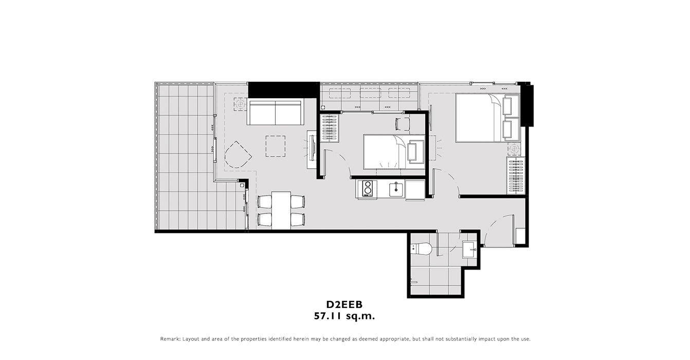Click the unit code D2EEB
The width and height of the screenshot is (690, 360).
[x=344, y=304]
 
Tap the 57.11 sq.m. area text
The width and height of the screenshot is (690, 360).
[x=344, y=316]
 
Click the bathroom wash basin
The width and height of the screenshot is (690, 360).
[x=469, y=249]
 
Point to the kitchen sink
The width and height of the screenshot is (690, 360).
[x=396, y=189]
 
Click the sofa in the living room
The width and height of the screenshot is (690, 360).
[x=276, y=112]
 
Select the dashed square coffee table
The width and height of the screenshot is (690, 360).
[x=276, y=146]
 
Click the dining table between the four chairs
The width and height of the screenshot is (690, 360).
[x=281, y=210]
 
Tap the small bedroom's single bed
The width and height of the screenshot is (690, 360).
[x=394, y=152]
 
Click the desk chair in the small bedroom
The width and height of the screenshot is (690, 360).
[x=403, y=124]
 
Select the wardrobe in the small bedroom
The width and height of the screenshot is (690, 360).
[x=330, y=128]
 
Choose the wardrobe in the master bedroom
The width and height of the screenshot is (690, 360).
[x=515, y=176]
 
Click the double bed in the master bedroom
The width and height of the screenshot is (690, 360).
[x=487, y=118]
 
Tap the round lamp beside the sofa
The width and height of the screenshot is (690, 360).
[x=240, y=104]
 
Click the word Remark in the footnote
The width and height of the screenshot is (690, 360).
[x=170, y=339]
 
